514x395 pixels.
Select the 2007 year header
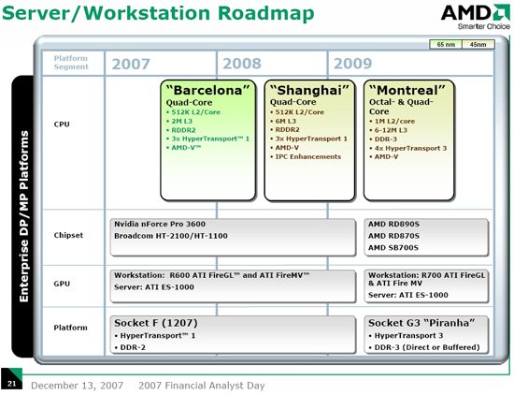tap(130, 64)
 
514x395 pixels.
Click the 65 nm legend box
tap(447, 44)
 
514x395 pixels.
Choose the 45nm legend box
tap(478, 44)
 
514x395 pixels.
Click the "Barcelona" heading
tap(208, 89)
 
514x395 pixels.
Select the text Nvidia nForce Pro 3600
tap(160, 226)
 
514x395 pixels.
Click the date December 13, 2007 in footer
tap(79, 385)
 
